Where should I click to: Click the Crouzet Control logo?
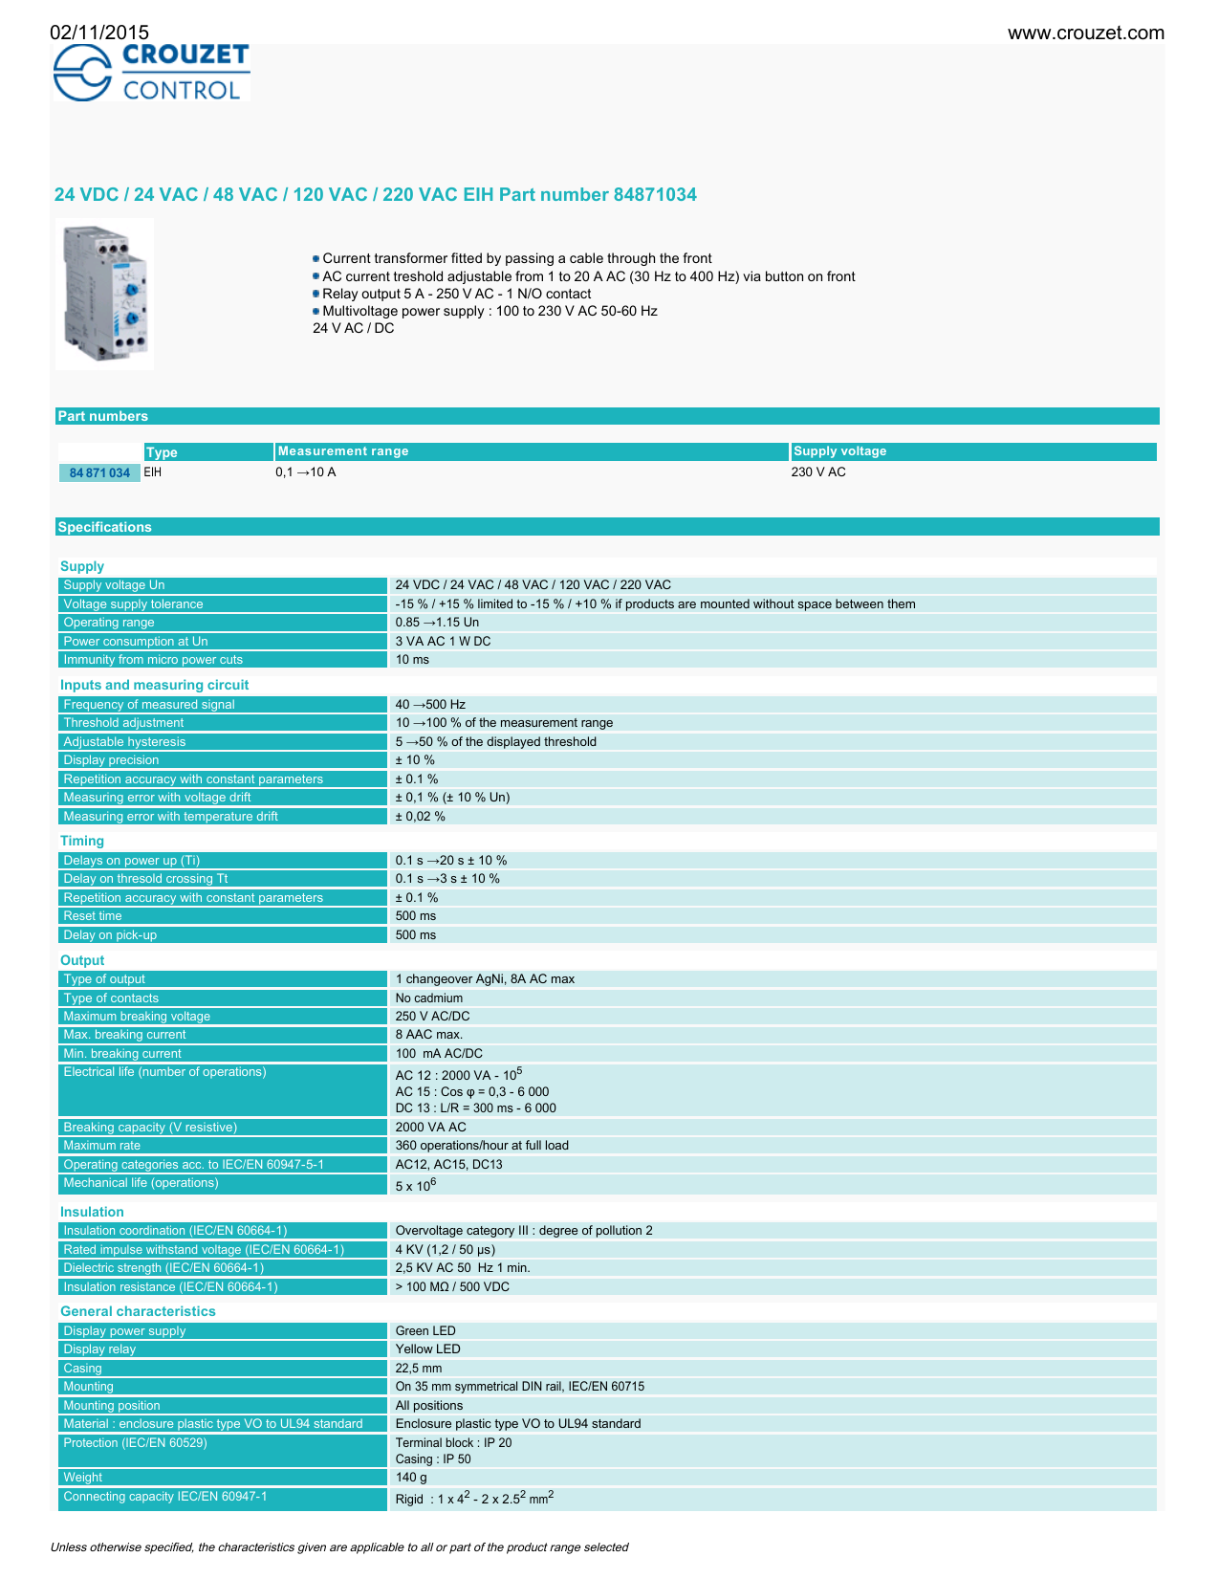[x=151, y=73]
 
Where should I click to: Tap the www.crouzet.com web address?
[x=1085, y=33]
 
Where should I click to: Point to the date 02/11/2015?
[x=99, y=33]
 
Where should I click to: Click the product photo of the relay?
[x=104, y=294]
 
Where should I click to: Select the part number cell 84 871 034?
[x=99, y=473]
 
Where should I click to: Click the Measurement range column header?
[x=343, y=451]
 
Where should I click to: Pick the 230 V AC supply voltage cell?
[x=818, y=472]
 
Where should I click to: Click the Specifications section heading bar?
[x=105, y=527]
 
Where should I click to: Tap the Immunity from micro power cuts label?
[x=153, y=660]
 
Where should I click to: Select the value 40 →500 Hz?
[x=430, y=705]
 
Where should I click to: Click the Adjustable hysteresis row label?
[x=124, y=742]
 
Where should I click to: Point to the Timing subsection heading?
[x=82, y=842]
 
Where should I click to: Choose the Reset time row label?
[x=93, y=916]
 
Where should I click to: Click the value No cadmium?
[x=429, y=998]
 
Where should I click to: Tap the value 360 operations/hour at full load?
[x=482, y=1146]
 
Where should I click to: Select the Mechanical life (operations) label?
[x=141, y=1183]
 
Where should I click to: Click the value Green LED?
[x=425, y=1331]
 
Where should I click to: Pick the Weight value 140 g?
[x=411, y=1478]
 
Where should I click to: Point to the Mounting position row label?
[x=112, y=1406]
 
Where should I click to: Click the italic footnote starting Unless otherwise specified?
[x=339, y=1547]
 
